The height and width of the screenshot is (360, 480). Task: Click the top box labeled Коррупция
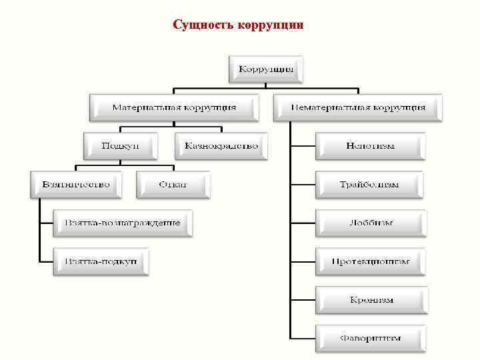point(266,69)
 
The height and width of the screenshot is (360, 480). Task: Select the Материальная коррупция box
point(173,107)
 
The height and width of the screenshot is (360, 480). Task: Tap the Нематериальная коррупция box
point(359,107)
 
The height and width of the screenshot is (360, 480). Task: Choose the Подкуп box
point(121,145)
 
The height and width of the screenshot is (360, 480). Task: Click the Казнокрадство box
point(221,145)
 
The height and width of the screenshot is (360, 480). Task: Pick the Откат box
point(173,184)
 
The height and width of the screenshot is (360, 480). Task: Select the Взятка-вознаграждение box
point(123,223)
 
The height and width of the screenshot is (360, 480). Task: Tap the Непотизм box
point(370,145)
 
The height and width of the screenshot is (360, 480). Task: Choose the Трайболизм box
point(370,184)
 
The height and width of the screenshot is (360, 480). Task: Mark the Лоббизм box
point(370,223)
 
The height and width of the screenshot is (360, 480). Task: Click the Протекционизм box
point(370,261)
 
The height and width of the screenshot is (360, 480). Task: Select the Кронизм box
point(371,299)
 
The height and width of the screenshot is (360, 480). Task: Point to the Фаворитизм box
point(370,338)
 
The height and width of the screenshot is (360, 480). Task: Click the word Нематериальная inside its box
point(331,107)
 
